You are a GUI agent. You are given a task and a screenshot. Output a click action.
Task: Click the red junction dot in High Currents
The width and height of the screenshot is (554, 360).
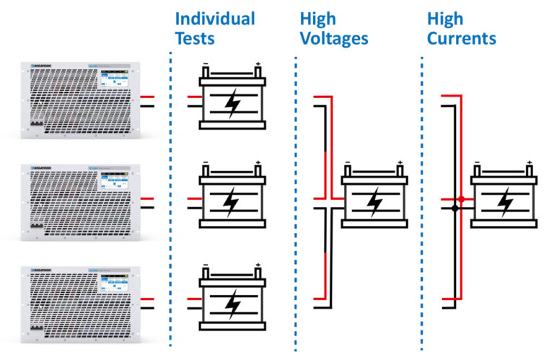(461, 198)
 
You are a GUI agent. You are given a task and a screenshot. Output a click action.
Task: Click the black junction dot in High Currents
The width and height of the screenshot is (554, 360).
(454, 208)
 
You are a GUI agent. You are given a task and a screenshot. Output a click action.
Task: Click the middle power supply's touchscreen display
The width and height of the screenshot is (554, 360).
(110, 183)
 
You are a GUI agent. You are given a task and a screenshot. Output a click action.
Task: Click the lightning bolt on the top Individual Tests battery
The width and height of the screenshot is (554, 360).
(232, 104)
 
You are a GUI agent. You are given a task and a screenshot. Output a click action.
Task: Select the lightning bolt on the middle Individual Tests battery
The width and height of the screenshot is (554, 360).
(232, 205)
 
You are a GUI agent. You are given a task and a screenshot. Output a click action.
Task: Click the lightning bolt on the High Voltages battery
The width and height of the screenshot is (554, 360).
(375, 203)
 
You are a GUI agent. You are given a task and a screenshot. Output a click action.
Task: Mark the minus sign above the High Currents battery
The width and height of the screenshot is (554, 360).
(476, 162)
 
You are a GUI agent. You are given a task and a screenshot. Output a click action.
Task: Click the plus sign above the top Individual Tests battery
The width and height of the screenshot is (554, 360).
(258, 64)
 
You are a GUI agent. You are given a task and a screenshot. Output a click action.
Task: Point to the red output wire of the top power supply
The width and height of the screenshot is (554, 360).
(148, 97)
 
